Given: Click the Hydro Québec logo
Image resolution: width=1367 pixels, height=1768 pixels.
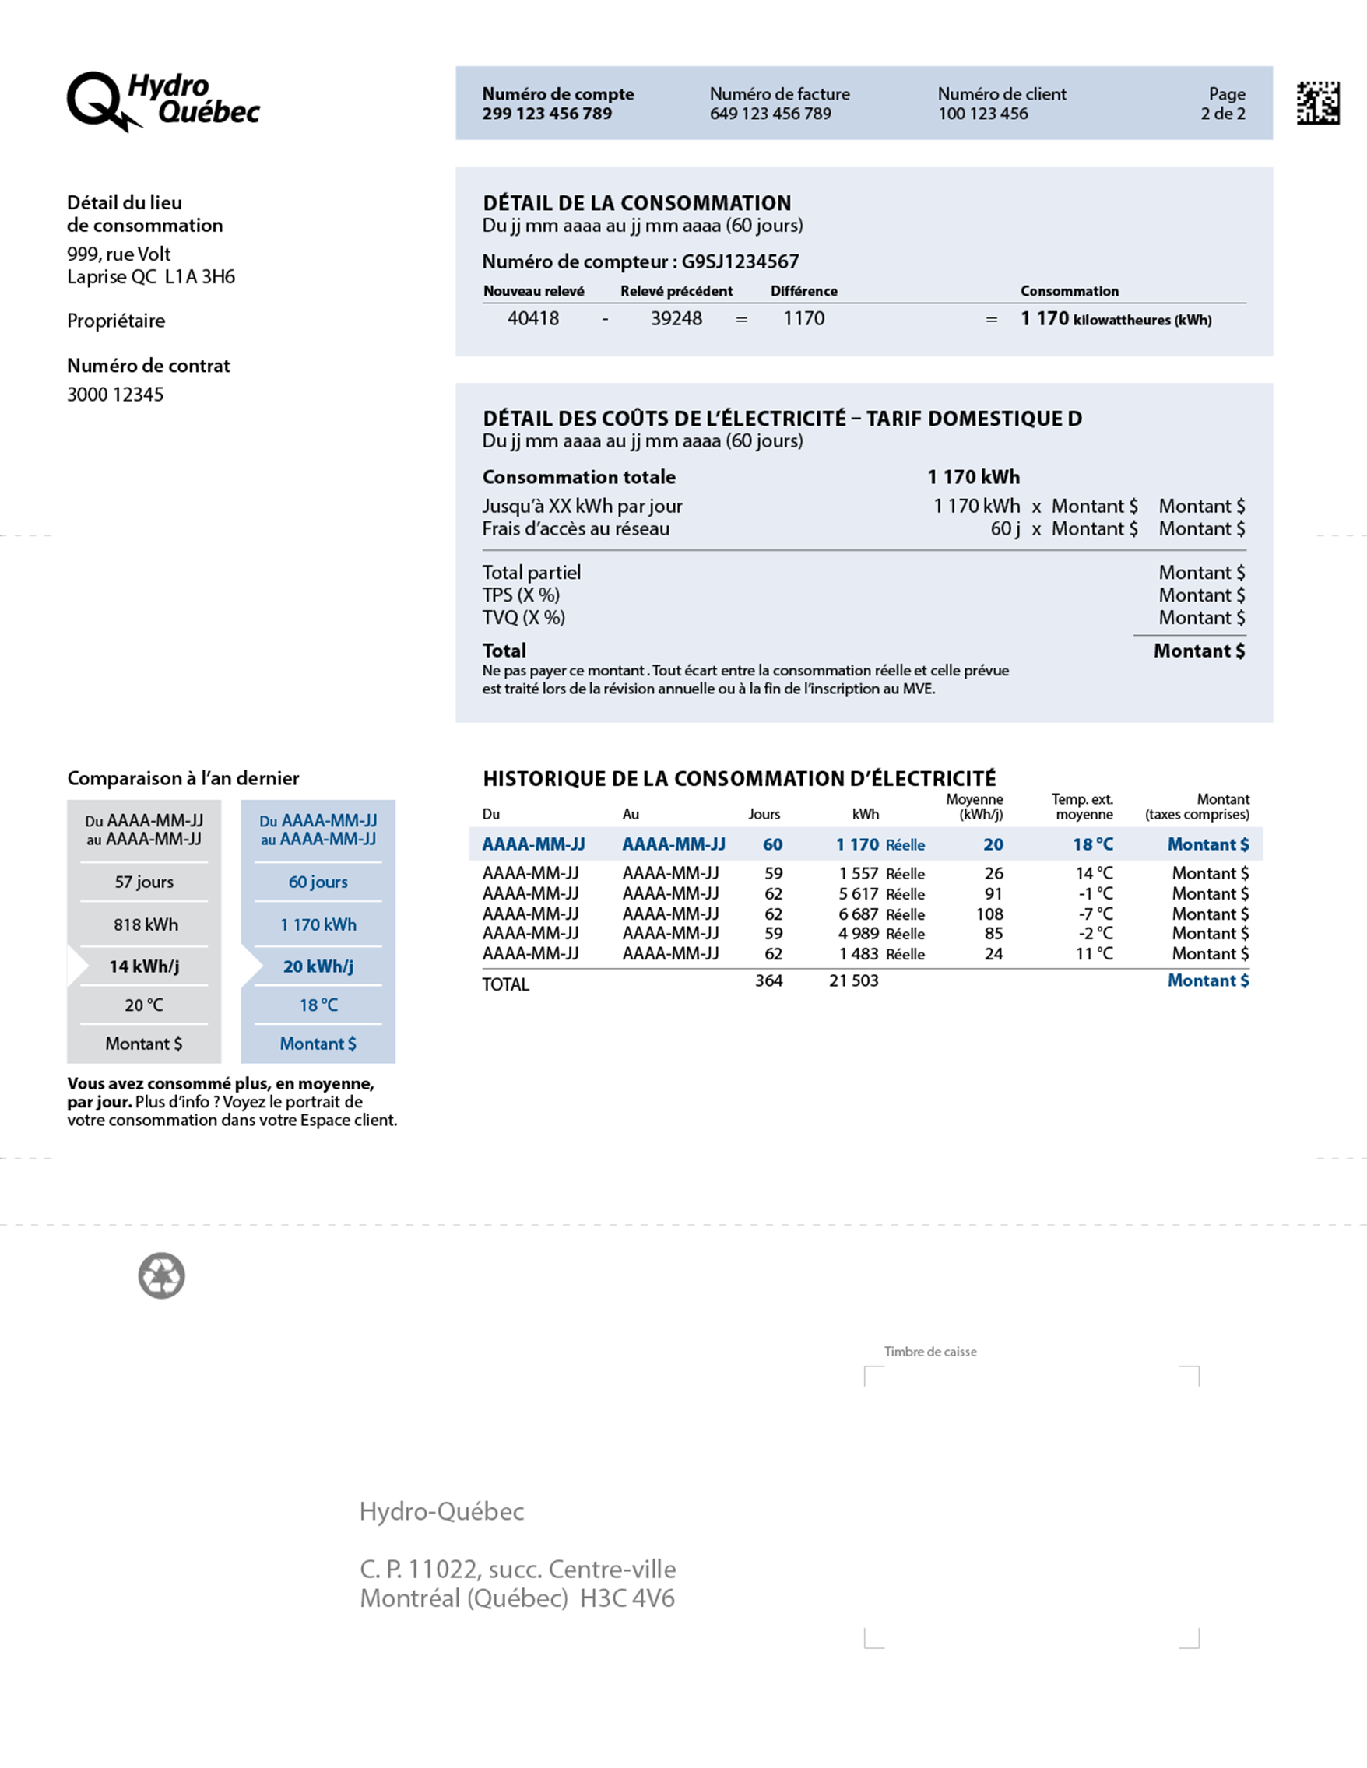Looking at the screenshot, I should [162, 100].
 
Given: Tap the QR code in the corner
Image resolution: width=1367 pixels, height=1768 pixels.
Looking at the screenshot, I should [1318, 103].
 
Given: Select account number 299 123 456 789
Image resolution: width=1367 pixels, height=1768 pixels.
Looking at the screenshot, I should [546, 114].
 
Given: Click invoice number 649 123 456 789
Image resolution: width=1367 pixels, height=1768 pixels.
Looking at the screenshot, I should [770, 114].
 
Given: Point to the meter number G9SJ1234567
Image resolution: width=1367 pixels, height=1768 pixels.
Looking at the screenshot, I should [740, 261].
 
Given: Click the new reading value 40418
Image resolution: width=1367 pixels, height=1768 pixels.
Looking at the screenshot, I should [533, 319].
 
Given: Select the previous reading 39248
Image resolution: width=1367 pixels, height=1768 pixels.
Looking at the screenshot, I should [676, 319].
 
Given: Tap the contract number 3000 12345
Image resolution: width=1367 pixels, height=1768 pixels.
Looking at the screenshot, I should [115, 395].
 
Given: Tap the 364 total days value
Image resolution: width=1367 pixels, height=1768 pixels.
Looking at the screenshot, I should [768, 981].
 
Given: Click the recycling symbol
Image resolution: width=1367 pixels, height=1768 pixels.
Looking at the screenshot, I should [162, 1277].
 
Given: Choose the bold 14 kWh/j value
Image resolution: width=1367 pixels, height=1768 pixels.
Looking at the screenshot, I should [144, 966].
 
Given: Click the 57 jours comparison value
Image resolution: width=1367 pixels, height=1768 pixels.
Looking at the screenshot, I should [144, 882].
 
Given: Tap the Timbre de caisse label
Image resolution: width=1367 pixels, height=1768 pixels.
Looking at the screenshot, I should [929, 1352].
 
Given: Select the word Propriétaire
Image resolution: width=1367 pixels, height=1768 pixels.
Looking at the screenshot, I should [116, 321].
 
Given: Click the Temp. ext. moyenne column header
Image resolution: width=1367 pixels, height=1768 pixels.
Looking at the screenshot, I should [1082, 807].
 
